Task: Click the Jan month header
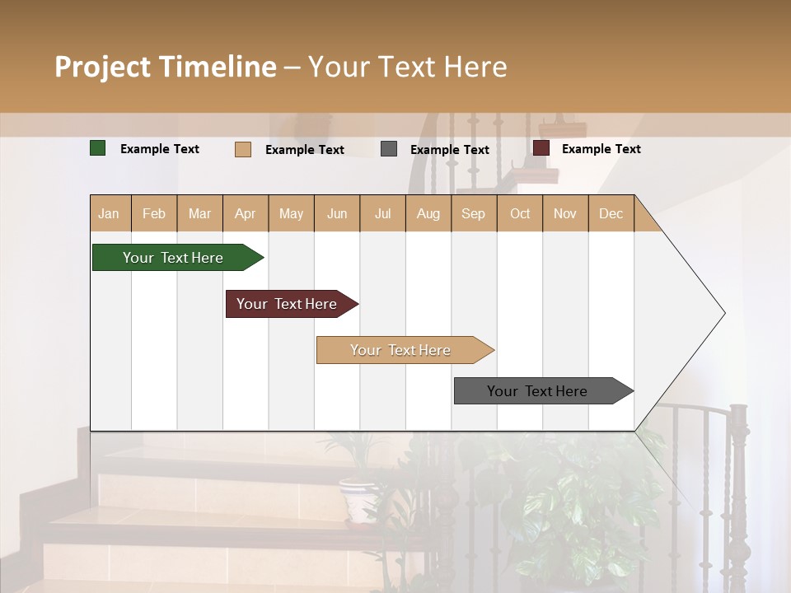click(x=110, y=213)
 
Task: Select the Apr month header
click(x=246, y=213)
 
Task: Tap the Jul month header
click(x=382, y=213)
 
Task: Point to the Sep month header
click(x=474, y=213)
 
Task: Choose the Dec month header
click(x=611, y=213)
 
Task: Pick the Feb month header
click(x=154, y=213)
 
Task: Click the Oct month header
click(x=520, y=213)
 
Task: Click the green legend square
click(x=98, y=148)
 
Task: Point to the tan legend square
click(x=243, y=149)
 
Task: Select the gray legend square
click(x=389, y=149)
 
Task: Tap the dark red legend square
click(x=541, y=148)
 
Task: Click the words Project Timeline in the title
click(x=166, y=67)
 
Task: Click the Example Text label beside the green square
click(x=160, y=149)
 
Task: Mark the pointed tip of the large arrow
click(x=723, y=313)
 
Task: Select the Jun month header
click(x=337, y=213)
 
